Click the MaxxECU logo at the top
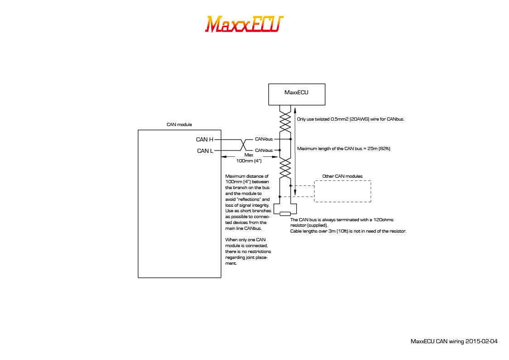pos(244,24)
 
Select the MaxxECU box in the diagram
pos(296,94)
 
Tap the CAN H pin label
pos(204,140)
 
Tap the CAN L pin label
pos(205,151)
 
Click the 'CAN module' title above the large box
pos(179,124)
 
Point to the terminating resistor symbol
pos(285,214)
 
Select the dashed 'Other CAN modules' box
pos(342,191)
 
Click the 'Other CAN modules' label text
pos(342,176)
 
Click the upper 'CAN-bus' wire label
pos(264,139)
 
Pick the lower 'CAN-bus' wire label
pos(264,150)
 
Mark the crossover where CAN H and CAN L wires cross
pos(243,145)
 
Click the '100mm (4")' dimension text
pos(249,161)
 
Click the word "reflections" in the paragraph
pos(247,199)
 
